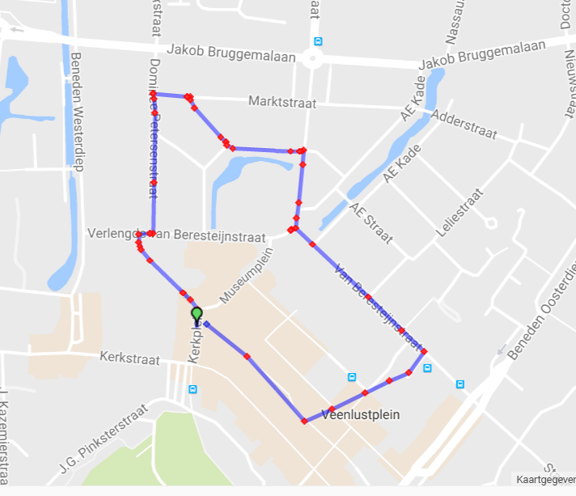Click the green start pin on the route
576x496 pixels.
point(196,314)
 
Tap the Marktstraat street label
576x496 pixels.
point(282,104)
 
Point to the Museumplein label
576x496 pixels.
point(248,276)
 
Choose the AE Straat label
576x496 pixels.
point(371,223)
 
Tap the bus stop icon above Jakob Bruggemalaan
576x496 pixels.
point(318,41)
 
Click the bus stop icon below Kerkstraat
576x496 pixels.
point(192,389)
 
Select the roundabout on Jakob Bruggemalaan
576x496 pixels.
point(311,57)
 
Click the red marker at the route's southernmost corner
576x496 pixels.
point(304,421)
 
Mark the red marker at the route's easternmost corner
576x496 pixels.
point(424,351)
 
